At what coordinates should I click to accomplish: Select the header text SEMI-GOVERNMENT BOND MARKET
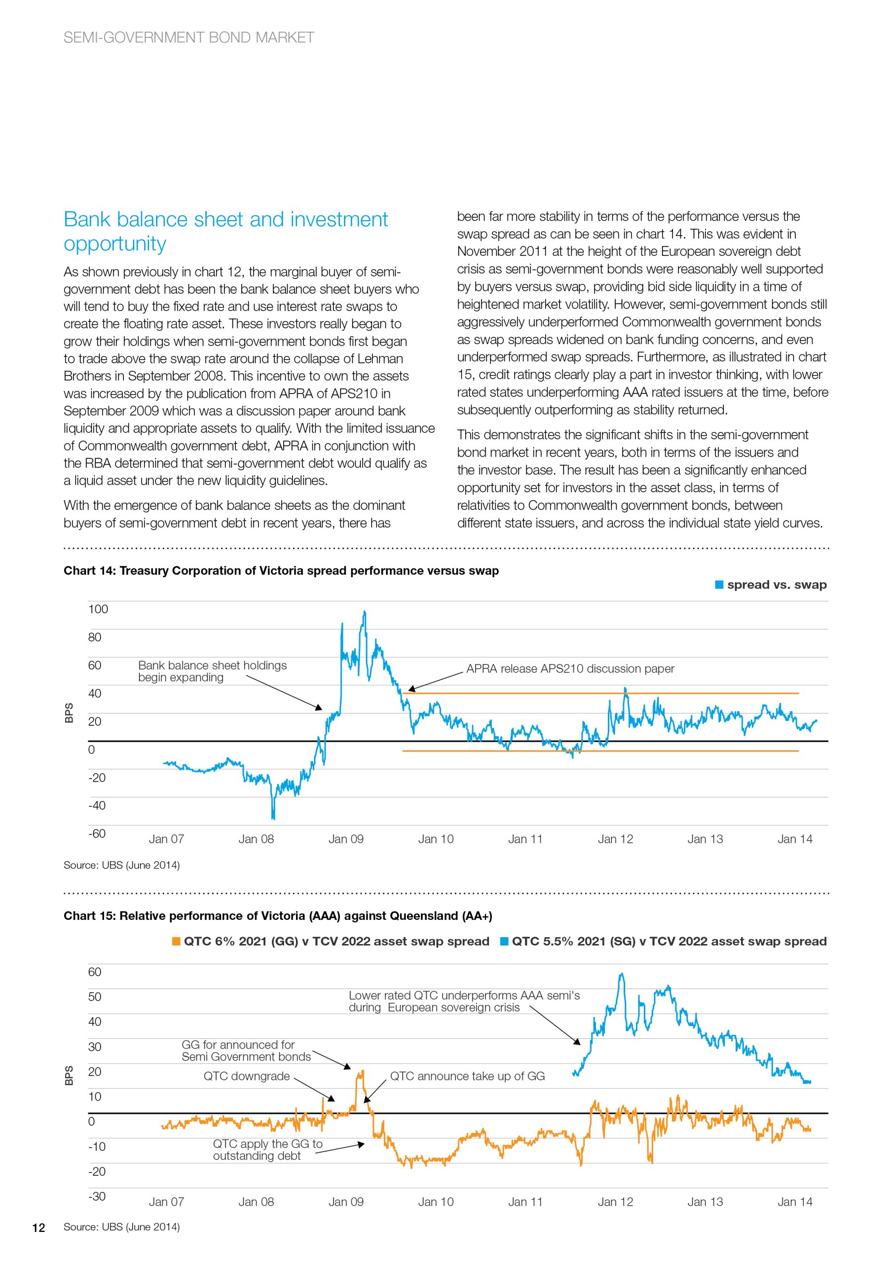[189, 38]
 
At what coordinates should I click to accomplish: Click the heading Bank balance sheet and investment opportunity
[225, 231]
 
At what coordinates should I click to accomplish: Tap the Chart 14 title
[281, 570]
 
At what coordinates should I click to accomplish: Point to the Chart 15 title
[278, 915]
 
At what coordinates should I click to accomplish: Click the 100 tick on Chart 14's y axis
[98, 609]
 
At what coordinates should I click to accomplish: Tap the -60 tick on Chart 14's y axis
[97, 833]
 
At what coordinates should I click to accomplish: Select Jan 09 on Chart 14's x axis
[346, 839]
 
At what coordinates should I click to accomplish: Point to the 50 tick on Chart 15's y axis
[95, 996]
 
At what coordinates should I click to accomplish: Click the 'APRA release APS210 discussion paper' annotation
[570, 669]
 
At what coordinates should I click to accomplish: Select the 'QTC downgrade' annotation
[247, 1076]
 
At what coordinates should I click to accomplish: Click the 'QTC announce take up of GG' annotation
[467, 1076]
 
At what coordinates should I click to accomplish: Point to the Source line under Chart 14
[121, 865]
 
